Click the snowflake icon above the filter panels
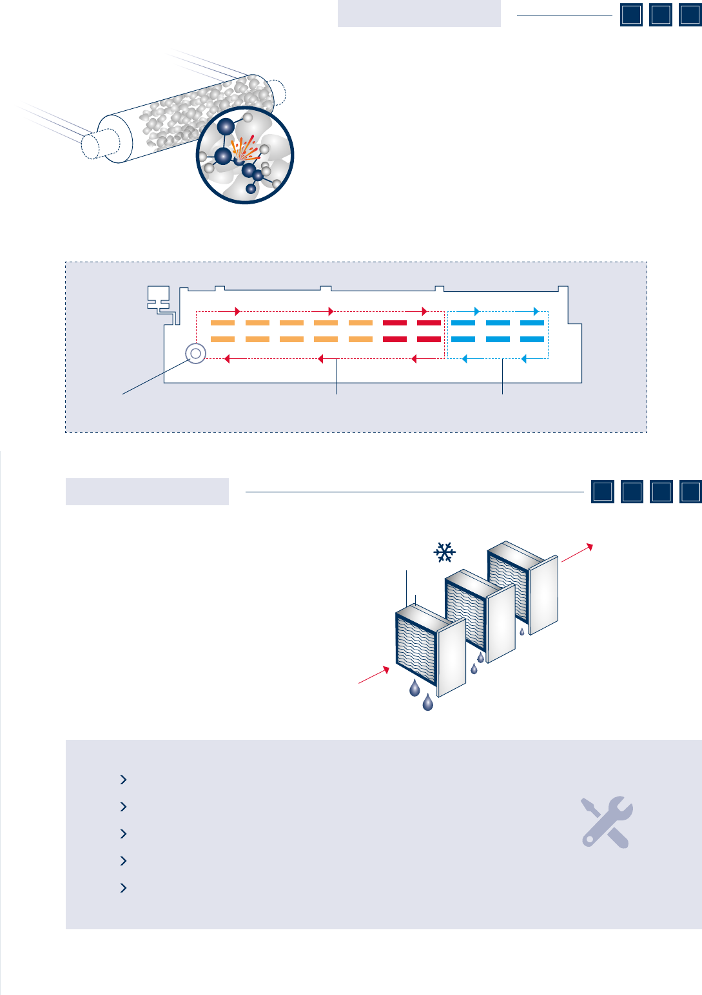(445, 552)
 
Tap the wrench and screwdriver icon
(607, 822)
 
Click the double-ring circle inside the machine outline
(195, 353)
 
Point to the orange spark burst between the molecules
(244, 150)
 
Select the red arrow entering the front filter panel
(375, 675)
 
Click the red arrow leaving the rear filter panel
(577, 553)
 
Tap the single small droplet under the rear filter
(522, 632)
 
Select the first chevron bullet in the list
(124, 780)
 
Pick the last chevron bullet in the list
(124, 888)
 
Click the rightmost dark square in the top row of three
(690, 15)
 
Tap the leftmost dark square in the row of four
(603, 492)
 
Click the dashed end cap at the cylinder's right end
(277, 91)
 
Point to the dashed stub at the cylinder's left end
(92, 146)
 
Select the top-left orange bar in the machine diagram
(223, 323)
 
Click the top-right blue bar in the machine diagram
(532, 323)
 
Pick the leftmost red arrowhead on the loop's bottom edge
(226, 359)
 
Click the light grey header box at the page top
(419, 14)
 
